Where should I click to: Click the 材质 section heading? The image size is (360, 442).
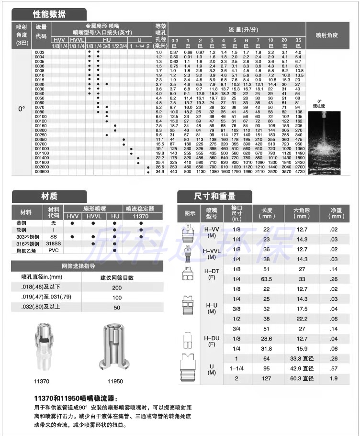pos(49,196)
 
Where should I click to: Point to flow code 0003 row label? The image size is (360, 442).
pos(40,52)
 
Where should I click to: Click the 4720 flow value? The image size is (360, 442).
pos(299,171)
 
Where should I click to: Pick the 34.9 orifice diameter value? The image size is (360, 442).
pos(159,171)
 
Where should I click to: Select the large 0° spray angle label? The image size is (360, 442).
pos(22,109)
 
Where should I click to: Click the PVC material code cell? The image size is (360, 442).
pos(53,250)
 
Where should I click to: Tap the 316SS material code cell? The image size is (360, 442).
pos(53,243)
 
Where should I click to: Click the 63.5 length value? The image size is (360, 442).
pos(267,279)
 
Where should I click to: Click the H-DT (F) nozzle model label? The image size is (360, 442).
pos(212,274)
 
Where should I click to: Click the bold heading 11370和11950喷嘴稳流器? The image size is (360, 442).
pos(75,398)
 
